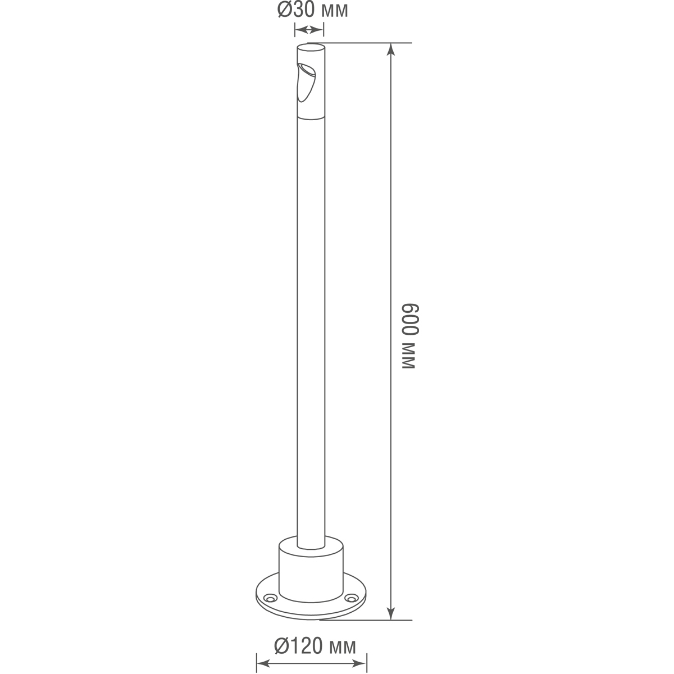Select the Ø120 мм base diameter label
[x=315, y=646]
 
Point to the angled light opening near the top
[x=307, y=81]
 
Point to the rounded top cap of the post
[x=311, y=46]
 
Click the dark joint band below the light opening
[x=311, y=117]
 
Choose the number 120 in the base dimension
[x=308, y=646]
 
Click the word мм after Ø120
[x=343, y=648]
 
